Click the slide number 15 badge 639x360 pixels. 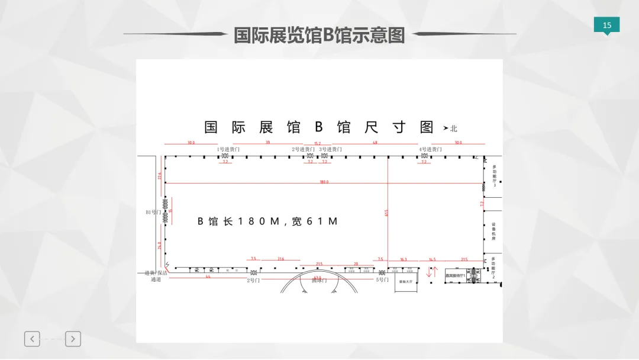606,25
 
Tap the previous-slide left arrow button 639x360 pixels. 32,339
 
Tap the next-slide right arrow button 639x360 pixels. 73,339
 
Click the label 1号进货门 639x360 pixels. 229,149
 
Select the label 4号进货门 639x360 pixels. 430,149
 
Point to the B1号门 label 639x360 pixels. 153,211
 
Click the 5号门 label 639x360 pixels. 382,280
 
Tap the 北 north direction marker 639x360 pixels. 454,128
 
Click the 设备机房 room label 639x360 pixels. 493,232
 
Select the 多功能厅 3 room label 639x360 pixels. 494,176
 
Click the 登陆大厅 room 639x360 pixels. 405,282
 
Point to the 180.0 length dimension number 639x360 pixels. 324,182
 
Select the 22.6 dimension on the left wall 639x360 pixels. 159,175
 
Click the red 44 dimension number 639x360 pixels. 208,277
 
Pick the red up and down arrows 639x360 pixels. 433,273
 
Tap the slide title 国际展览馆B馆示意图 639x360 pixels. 319,35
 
